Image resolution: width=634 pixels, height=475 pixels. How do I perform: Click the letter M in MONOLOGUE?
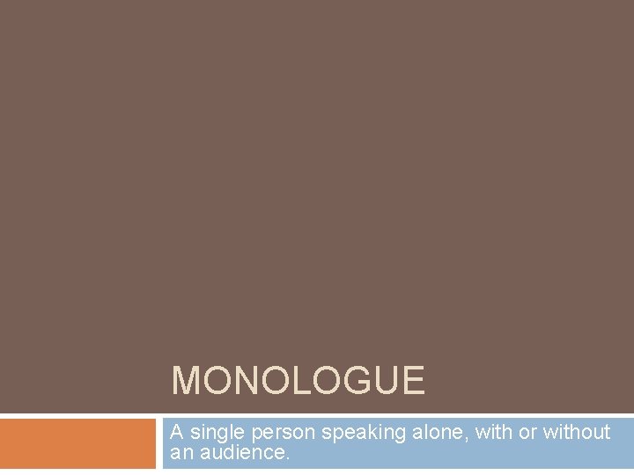coord(187,382)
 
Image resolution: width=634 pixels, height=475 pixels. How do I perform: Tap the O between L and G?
coord(323,382)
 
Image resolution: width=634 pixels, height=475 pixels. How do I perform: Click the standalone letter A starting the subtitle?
coord(176,432)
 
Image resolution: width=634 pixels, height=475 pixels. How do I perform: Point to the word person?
coord(285,433)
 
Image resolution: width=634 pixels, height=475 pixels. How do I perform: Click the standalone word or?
coord(527,433)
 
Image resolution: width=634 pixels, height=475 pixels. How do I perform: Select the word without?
coord(577,432)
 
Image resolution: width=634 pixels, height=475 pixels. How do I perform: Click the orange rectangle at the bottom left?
coord(77,444)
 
